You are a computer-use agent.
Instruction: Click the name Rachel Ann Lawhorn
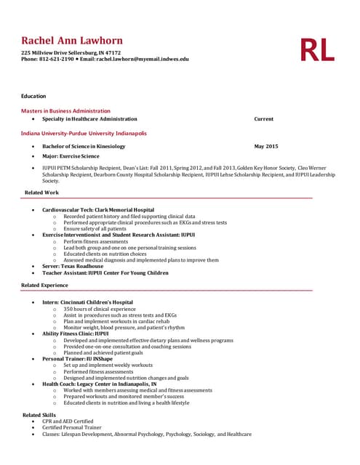[72, 41]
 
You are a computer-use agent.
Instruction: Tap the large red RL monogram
[317, 49]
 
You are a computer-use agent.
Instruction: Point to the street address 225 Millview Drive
[47, 53]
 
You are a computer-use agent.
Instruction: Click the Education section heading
[33, 96]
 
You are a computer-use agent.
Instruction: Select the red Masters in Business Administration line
[65, 111]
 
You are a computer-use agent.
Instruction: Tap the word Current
[263, 119]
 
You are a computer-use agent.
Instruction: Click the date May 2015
[265, 146]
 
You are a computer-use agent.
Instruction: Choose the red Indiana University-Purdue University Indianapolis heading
[84, 134]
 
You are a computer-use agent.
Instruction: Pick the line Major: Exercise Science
[71, 156]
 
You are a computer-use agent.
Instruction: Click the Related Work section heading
[42, 193]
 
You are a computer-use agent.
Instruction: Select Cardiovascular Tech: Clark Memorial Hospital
[98, 210]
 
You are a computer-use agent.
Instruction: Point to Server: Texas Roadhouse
[73, 266]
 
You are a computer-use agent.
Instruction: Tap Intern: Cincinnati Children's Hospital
[87, 302]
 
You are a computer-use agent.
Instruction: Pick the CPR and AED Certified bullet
[68, 421]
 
